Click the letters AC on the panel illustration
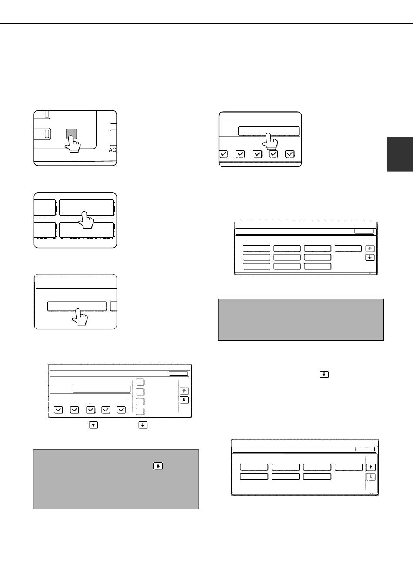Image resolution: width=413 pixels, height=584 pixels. pyautogui.click(x=113, y=150)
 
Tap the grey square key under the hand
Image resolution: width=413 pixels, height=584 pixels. pyautogui.click(x=71, y=133)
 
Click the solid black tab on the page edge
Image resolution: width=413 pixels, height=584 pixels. pyautogui.click(x=400, y=154)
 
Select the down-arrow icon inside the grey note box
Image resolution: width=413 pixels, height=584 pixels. pyautogui.click(x=158, y=466)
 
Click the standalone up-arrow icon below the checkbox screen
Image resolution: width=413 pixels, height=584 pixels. pyautogui.click(x=93, y=425)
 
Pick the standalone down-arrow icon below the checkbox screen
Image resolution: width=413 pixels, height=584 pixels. pyautogui.click(x=143, y=425)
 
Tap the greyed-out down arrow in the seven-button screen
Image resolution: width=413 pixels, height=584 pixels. pyautogui.click(x=371, y=477)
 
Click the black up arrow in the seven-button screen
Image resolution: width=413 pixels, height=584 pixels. pyautogui.click(x=371, y=468)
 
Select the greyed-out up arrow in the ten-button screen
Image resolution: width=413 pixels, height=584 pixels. pyautogui.click(x=370, y=249)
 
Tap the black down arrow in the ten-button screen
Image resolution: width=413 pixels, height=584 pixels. pyautogui.click(x=370, y=258)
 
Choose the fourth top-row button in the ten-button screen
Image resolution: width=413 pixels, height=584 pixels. pyautogui.click(x=348, y=248)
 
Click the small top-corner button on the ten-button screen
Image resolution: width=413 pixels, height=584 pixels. pyautogui.click(x=364, y=232)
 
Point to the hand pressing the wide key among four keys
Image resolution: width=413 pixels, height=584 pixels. pyautogui.click(x=86, y=220)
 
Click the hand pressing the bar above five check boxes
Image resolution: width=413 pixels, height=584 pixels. pyautogui.click(x=270, y=142)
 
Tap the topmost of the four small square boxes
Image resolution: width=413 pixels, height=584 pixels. pyautogui.click(x=140, y=382)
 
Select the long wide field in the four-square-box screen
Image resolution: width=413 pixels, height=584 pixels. pyautogui.click(x=101, y=388)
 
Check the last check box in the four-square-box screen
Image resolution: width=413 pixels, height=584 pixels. pyautogui.click(x=121, y=410)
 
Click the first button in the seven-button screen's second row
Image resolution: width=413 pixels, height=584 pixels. pyautogui.click(x=254, y=477)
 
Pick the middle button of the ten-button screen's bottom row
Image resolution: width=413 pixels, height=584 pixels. pyautogui.click(x=287, y=266)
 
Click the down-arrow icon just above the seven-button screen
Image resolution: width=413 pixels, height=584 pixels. pyautogui.click(x=324, y=375)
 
